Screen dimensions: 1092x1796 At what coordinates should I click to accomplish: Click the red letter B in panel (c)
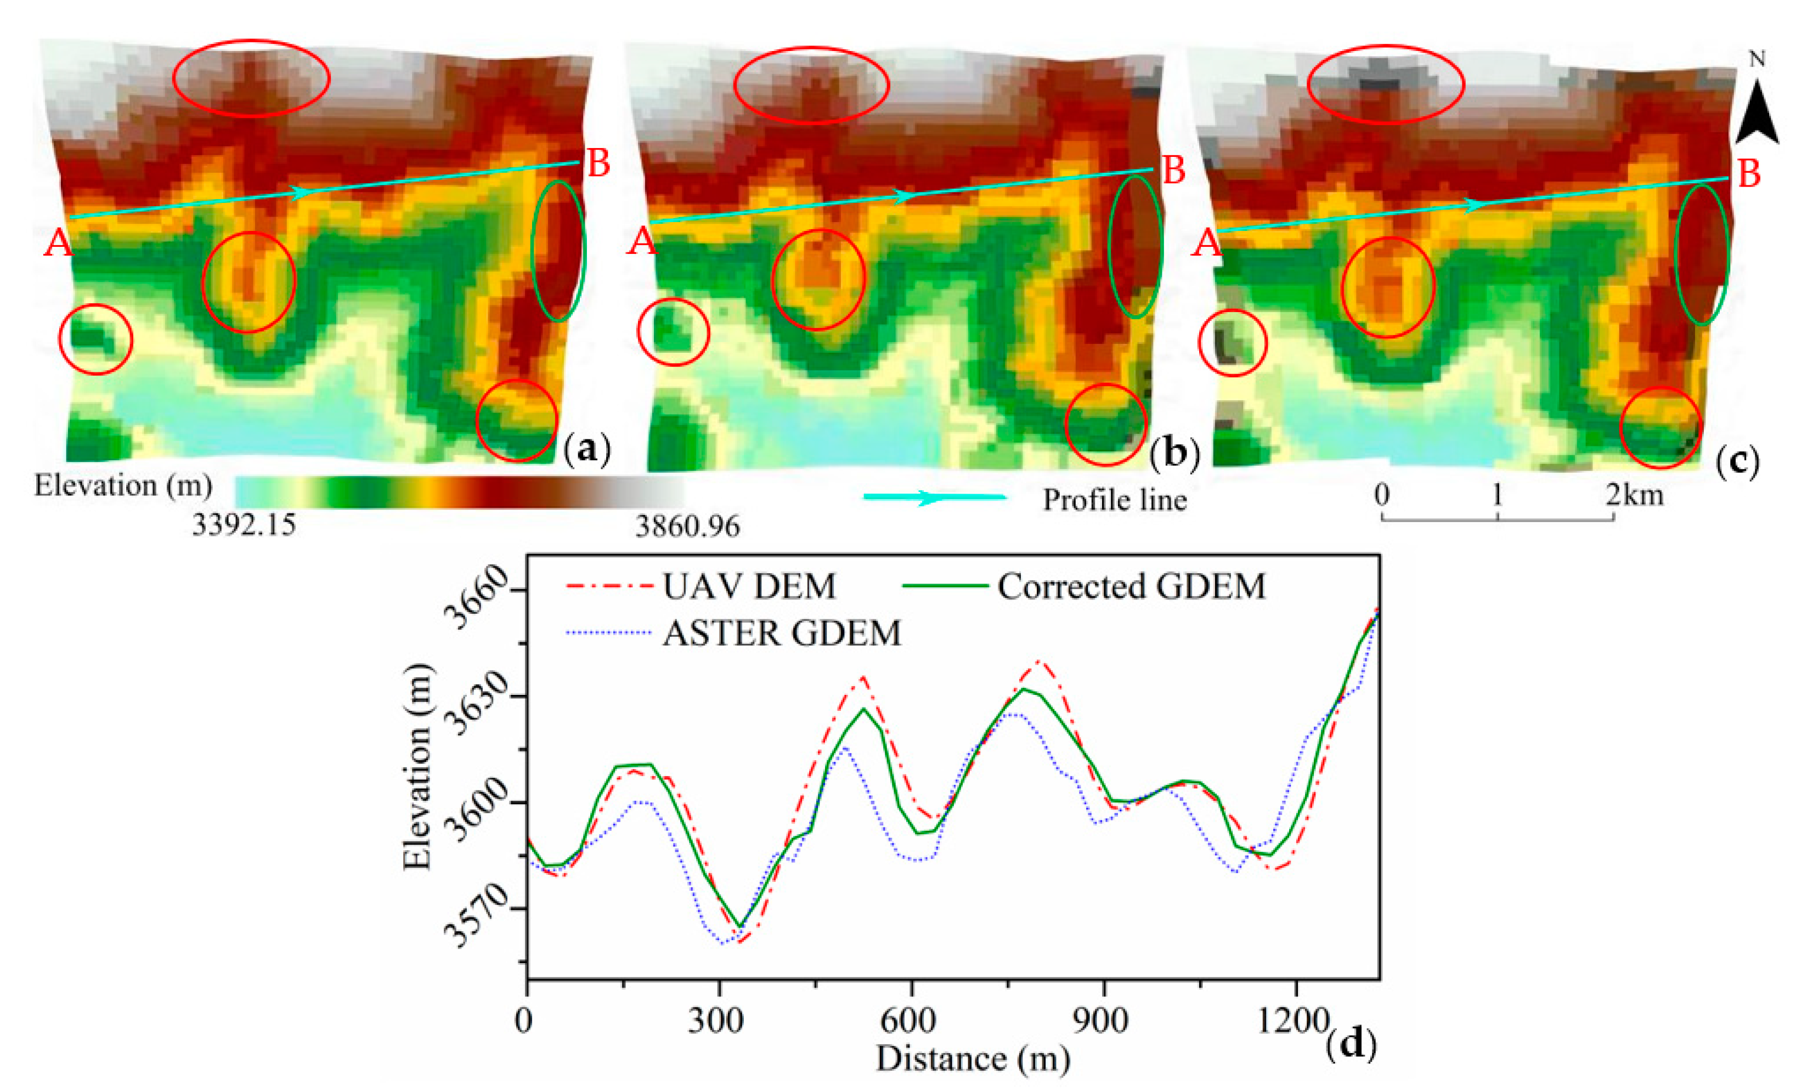click(1749, 175)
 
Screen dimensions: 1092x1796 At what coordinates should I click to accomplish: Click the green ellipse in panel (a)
click(558, 250)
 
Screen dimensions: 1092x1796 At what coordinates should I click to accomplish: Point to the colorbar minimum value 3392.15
click(244, 525)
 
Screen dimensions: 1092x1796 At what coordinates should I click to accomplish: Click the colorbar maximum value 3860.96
click(687, 525)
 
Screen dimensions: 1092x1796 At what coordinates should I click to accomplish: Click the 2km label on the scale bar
click(1635, 496)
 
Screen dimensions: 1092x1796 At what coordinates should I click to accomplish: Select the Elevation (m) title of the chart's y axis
click(417, 766)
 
